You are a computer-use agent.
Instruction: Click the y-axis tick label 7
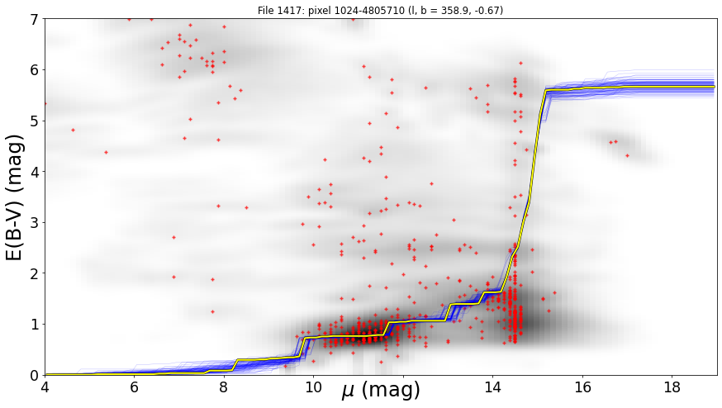[36, 19]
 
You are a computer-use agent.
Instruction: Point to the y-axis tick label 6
[36, 70]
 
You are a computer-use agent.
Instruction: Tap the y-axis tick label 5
[36, 121]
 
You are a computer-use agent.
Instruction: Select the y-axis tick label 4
[36, 172]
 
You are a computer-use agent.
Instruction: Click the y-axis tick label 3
[36, 222]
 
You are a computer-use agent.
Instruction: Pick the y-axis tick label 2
[36, 273]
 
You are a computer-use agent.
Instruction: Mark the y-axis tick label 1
[36, 325]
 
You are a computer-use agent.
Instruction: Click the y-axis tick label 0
[36, 375]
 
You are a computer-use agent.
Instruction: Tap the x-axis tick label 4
[45, 387]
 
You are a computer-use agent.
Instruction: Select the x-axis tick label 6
[134, 387]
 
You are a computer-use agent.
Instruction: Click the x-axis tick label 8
[224, 387]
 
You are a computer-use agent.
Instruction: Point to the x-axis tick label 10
[314, 387]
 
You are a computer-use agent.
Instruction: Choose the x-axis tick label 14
[493, 387]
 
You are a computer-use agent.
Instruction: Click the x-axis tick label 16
[583, 387]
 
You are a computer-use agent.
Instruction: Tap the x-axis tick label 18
[672, 387]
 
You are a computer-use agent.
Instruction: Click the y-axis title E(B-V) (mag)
[15, 197]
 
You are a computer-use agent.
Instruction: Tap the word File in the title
[265, 10]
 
